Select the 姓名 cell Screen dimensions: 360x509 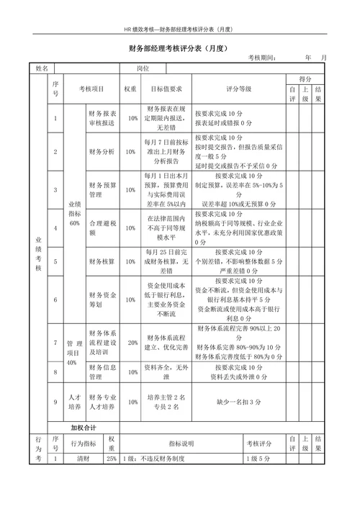41,68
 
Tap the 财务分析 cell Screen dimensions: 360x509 102,153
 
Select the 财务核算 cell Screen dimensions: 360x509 102,261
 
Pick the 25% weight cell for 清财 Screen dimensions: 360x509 112,458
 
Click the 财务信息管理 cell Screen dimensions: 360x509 102,371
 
